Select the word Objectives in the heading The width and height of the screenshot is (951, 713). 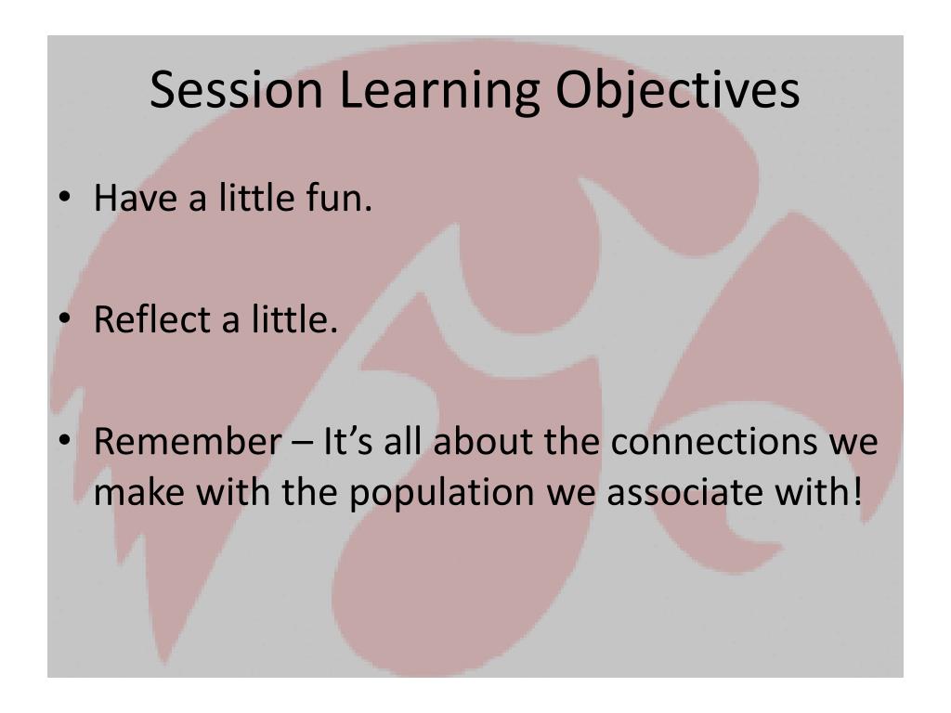click(x=676, y=91)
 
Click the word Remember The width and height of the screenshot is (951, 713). click(x=180, y=441)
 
